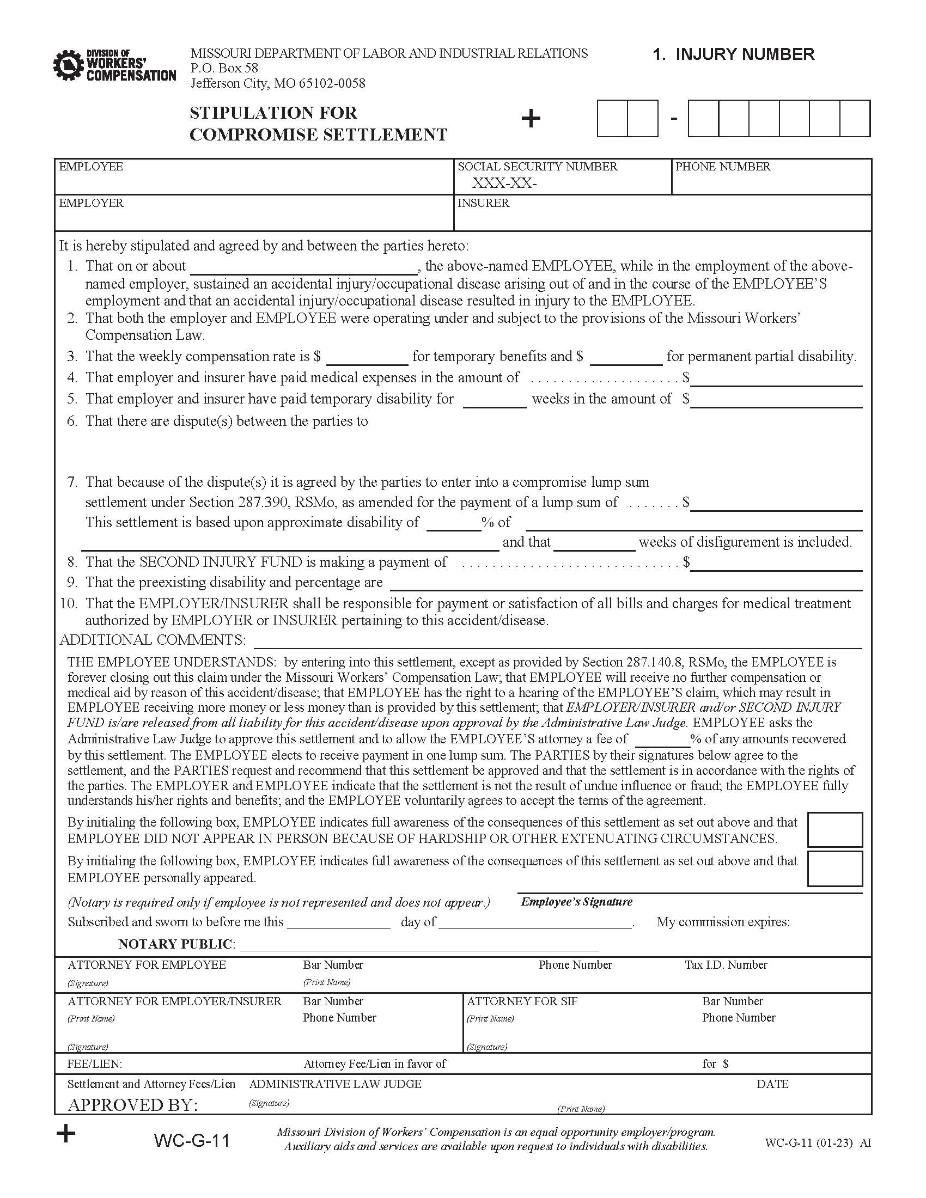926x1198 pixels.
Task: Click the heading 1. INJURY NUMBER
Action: [x=733, y=54]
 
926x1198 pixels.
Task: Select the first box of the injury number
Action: [x=612, y=118]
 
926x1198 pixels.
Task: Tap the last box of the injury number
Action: [x=854, y=118]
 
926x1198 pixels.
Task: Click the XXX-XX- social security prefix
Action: [x=504, y=184]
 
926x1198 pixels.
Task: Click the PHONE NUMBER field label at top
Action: [x=722, y=167]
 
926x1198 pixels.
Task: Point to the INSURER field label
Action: [x=483, y=203]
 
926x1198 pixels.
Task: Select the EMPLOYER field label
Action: [x=91, y=203]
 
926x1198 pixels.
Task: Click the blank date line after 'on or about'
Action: [x=303, y=268]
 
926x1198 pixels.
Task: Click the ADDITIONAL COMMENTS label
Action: [x=153, y=640]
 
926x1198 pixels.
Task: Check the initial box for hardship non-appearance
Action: [x=834, y=830]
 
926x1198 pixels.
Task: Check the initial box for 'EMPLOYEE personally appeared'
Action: [x=834, y=869]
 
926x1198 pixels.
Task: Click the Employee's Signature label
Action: [x=576, y=902]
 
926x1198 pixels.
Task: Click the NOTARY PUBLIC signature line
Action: [x=418, y=944]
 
